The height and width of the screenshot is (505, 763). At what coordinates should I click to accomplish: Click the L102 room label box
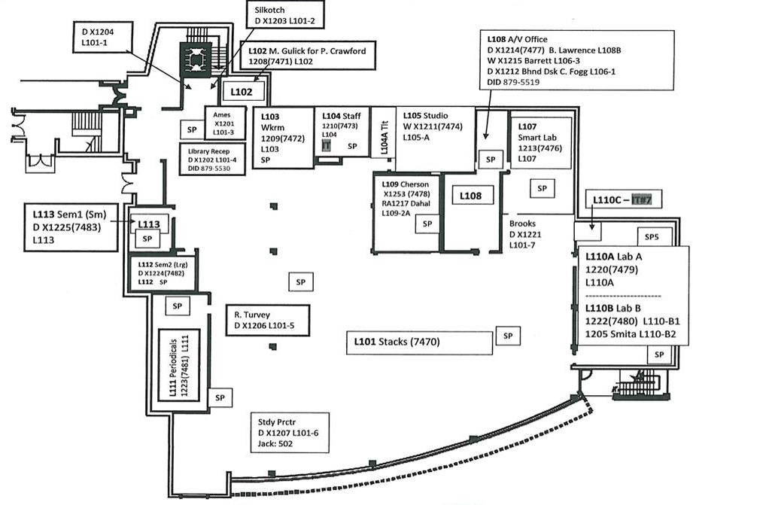coord(242,92)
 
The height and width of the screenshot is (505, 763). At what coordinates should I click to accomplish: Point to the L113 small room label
coord(147,224)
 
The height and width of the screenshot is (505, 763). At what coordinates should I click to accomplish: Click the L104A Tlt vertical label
coord(383,138)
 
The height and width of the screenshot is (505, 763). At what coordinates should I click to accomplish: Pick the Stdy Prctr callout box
coord(290,432)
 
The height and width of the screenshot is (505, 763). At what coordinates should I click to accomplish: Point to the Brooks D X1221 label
coord(525,234)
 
